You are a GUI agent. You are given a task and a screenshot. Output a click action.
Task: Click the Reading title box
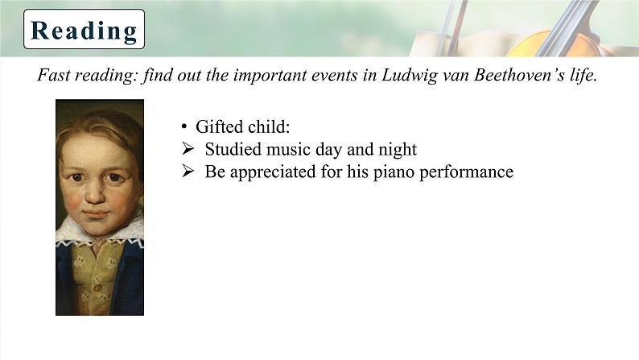pyautogui.click(x=84, y=29)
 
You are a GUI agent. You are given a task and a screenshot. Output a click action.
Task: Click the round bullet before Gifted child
pyautogui.click(x=184, y=126)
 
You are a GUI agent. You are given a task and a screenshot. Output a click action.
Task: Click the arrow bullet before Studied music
pyautogui.click(x=188, y=149)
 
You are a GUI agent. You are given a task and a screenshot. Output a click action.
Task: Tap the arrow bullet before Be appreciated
pyautogui.click(x=188, y=172)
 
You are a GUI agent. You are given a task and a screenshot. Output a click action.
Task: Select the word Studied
pyautogui.click(x=233, y=149)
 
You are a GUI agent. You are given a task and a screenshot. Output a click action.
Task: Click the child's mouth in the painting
pyautogui.click(x=97, y=213)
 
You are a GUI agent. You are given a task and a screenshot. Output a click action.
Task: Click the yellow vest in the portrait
pyautogui.click(x=97, y=277)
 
